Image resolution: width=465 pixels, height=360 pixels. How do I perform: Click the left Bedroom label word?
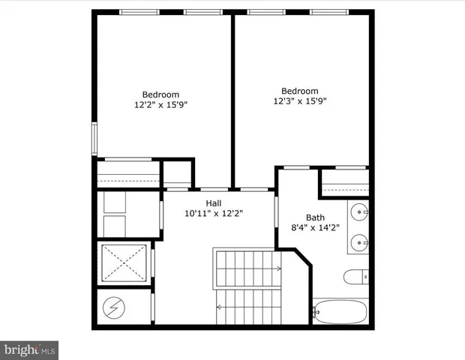pos(160,94)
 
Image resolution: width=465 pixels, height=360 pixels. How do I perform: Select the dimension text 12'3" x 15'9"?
pos(299,100)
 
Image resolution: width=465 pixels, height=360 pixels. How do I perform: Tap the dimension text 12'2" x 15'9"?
pos(160,105)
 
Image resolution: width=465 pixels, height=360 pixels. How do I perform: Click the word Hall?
pos(214,202)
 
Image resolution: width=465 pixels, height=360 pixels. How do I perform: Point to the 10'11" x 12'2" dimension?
pos(214,213)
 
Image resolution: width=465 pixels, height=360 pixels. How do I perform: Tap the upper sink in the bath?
pos(361,212)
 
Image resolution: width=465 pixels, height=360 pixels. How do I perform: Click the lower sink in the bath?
pos(361,242)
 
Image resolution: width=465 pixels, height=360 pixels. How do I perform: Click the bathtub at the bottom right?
pos(342,310)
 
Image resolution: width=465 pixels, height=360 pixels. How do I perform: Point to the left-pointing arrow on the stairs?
pos(220,307)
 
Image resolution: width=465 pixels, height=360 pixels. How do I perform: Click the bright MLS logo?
pos(30,349)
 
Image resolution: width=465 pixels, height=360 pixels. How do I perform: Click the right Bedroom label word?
pos(299,90)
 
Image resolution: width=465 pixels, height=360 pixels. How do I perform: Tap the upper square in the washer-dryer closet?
pos(116,202)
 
